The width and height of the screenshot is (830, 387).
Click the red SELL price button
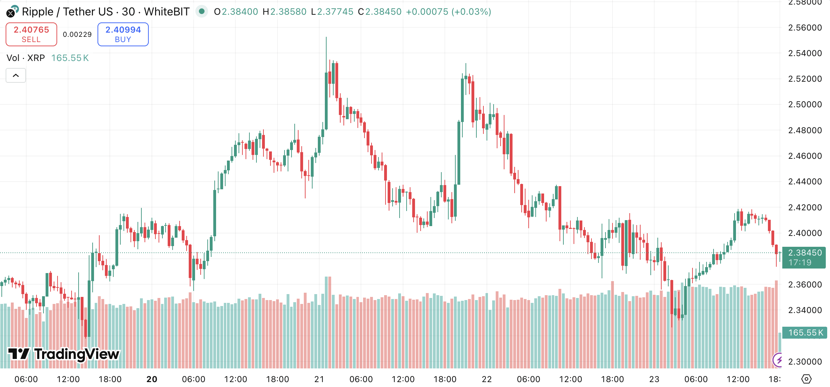click(x=31, y=34)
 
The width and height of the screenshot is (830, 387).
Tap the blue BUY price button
click(x=123, y=34)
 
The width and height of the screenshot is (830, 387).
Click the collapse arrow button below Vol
click(x=16, y=75)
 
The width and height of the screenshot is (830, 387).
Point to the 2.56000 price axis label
click(x=805, y=28)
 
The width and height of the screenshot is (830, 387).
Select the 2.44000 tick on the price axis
click(x=805, y=182)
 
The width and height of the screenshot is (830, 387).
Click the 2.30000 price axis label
click(x=805, y=361)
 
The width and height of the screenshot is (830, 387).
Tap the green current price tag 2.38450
click(x=804, y=257)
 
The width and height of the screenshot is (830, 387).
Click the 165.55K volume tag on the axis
click(x=805, y=333)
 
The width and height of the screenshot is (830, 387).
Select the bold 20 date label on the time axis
click(x=152, y=379)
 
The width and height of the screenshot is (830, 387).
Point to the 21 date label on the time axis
click(x=319, y=379)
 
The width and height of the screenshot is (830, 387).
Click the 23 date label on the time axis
click(x=654, y=379)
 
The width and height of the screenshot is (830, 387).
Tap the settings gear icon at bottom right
click(x=806, y=379)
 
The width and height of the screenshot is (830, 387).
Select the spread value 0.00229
click(x=77, y=34)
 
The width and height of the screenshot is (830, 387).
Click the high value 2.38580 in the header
click(x=288, y=12)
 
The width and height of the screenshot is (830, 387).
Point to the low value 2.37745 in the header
click(x=335, y=12)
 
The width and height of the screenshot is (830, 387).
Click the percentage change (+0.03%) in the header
click(x=471, y=12)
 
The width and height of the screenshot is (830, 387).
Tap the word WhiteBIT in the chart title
click(x=167, y=12)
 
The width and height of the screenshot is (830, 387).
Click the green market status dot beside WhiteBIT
click(x=202, y=11)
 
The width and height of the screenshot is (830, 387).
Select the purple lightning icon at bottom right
click(x=778, y=360)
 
